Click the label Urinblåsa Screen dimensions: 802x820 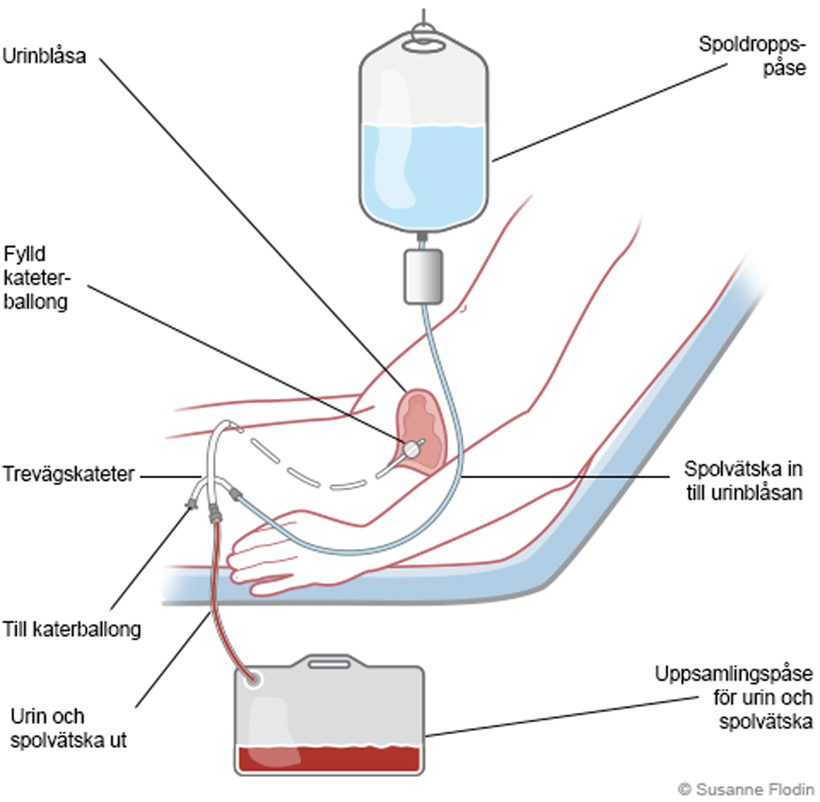click(44, 55)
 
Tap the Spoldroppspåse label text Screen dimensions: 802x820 click(753, 55)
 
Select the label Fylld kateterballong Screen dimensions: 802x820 click(36, 277)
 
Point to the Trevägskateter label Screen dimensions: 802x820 click(68, 474)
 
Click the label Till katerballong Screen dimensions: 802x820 click(71, 628)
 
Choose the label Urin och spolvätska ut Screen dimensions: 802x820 click(68, 728)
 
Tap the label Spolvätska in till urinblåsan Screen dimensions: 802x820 click(743, 480)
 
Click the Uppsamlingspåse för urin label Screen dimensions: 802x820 click(733, 697)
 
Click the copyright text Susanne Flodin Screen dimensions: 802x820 click(746, 789)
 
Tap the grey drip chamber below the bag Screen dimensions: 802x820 click(423, 275)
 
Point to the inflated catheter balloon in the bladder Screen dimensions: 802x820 click(411, 449)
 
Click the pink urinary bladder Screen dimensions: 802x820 click(423, 423)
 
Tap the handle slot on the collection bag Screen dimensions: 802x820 click(329, 663)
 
